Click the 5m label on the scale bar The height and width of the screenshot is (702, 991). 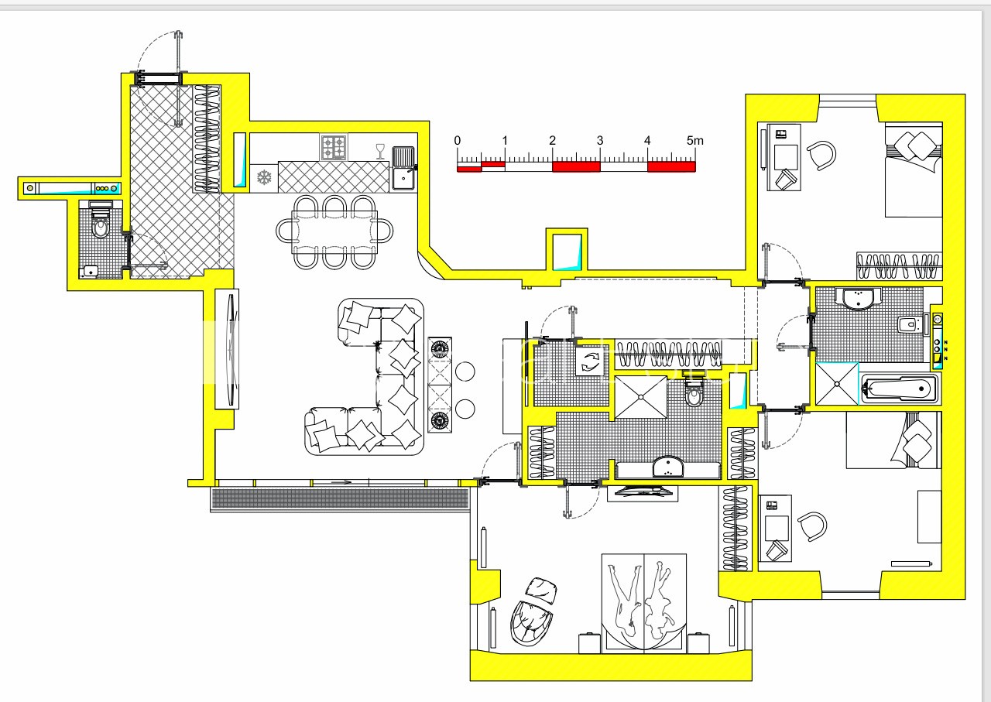[694, 141]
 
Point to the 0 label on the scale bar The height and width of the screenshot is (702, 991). [458, 141]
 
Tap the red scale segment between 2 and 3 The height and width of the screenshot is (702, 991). [576, 166]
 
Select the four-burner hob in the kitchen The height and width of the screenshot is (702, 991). [334, 147]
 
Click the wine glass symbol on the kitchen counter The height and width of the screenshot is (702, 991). [380, 151]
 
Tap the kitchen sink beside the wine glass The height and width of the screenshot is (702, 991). [403, 169]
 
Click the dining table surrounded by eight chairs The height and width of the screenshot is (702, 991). [334, 231]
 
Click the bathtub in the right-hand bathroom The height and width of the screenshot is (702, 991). [900, 388]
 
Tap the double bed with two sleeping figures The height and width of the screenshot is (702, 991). [643, 602]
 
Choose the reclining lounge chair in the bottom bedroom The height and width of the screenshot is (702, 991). [533, 611]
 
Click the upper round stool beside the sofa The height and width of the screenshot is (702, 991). [465, 371]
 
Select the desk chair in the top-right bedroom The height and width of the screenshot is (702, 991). [822, 156]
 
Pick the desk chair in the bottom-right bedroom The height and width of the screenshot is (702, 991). [813, 526]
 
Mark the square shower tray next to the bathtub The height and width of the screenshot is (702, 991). [837, 384]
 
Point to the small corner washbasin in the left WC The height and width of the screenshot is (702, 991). [90, 271]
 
